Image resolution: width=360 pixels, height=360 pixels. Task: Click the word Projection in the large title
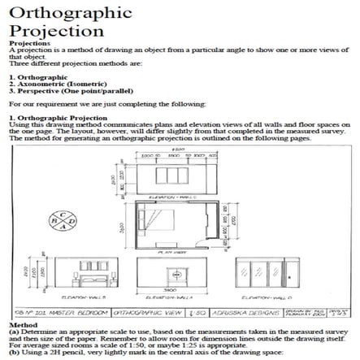(50, 33)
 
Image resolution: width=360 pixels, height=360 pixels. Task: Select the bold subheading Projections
(28, 44)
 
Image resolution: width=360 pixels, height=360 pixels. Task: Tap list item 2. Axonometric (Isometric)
(51, 80)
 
